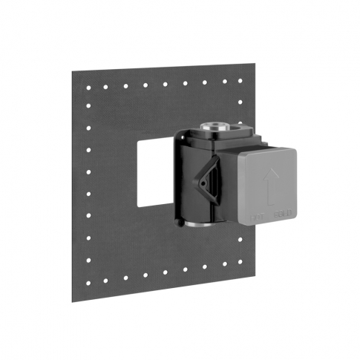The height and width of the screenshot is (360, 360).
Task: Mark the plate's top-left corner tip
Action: [73, 73]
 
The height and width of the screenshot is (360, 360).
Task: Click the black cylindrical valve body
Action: [194, 186]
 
